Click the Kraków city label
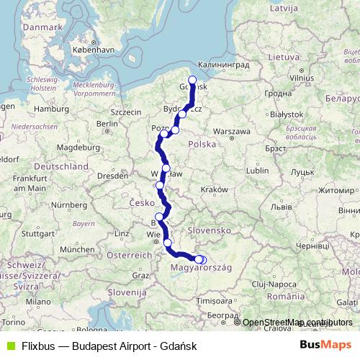pos(215,189)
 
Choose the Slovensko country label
pos(207,230)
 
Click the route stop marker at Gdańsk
pos(192,81)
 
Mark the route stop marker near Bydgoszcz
pos(182,114)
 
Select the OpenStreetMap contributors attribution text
pos(297,322)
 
